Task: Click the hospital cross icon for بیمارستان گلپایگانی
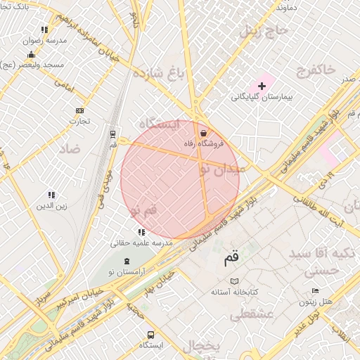click(x=262, y=86)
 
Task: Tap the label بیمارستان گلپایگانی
click(x=262, y=96)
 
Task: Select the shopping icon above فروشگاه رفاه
click(x=203, y=133)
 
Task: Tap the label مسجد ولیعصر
click(x=33, y=65)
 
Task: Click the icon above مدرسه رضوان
click(x=44, y=30)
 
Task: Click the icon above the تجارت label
click(x=79, y=110)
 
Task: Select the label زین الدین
click(x=52, y=206)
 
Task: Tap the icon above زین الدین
click(x=51, y=195)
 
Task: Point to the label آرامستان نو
click(x=127, y=272)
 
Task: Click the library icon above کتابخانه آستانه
click(x=235, y=281)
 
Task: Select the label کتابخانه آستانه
click(x=235, y=291)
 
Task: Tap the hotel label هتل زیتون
click(x=315, y=302)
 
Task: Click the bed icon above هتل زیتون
click(x=315, y=291)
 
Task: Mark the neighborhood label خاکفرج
click(x=317, y=70)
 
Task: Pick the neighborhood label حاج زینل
click(x=264, y=31)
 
